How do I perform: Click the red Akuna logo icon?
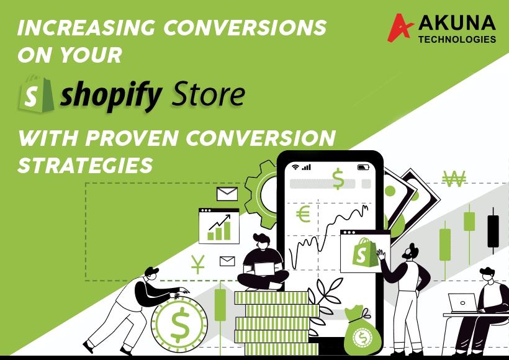coord(400,27)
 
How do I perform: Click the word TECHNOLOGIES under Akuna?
coord(457,40)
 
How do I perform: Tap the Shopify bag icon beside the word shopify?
coord(36,94)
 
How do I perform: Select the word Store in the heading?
coord(208,94)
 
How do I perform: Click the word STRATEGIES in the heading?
coord(86,165)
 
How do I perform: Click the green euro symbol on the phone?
coord(303,214)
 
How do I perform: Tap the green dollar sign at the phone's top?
coord(338,179)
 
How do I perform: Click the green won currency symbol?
coord(454,179)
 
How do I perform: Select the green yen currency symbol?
coord(197,264)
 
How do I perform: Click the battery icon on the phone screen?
coord(363,167)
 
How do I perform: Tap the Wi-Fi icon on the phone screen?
coord(295,167)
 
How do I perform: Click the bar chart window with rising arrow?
coord(219,226)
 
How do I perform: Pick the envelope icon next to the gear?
coord(227,194)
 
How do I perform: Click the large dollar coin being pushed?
coord(179,324)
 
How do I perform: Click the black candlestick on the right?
coord(493,231)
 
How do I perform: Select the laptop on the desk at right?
coord(463,303)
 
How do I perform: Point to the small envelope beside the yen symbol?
coord(227,261)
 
